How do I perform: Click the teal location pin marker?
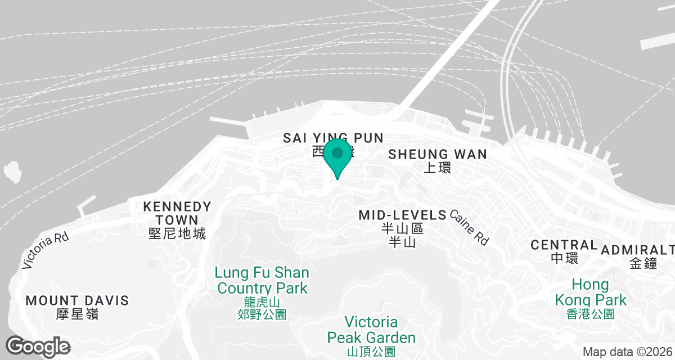[337, 155]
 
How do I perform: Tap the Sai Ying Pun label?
[333, 138]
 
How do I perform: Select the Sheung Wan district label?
[437, 154]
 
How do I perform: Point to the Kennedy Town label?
[177, 213]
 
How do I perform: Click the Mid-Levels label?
[402, 215]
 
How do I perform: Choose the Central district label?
[564, 245]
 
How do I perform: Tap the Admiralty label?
[638, 249]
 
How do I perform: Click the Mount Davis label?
[77, 300]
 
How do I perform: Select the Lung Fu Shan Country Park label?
[262, 281]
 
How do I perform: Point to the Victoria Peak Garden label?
[371, 330]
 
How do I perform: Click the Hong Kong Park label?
[590, 291]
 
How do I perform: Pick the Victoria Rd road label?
[46, 251]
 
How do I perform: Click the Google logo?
[38, 346]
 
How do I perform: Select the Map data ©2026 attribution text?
[627, 352]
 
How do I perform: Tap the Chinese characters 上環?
[437, 168]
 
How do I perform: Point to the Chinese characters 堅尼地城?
[177, 233]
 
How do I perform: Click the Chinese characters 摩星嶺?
[77, 314]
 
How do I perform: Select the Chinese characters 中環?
[564, 258]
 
